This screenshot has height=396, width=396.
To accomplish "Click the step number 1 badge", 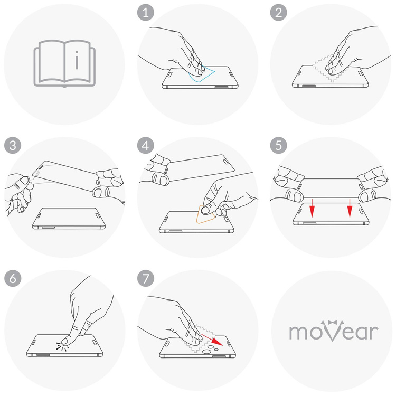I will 144,13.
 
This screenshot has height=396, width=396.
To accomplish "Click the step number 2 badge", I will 277,13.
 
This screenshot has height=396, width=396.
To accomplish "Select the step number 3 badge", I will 11,145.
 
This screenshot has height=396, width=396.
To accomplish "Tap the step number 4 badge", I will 144,145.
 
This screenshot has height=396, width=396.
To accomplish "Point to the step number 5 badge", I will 277,145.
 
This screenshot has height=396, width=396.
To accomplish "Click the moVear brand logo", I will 333,331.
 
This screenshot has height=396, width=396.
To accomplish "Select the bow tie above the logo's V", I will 334,321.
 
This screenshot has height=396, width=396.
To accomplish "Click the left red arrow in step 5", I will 312,208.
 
